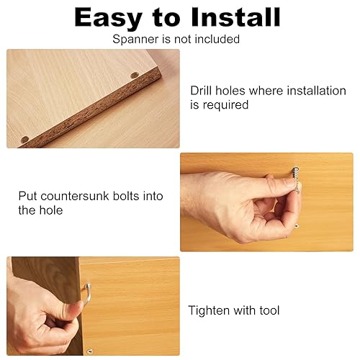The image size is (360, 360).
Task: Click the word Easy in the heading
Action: [x=108, y=17]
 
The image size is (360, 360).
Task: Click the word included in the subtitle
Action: [x=217, y=39]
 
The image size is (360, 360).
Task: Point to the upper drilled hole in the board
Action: [x=135, y=75]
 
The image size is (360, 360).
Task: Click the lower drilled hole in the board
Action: [x=24, y=139]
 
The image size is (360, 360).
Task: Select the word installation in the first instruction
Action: [x=316, y=91]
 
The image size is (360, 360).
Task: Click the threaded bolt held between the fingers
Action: [x=296, y=179]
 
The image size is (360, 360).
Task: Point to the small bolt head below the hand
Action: [x=297, y=225]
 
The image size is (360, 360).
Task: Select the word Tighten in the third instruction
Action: [x=209, y=310]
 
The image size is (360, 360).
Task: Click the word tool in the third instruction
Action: [x=269, y=310]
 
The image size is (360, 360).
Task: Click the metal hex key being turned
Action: [x=88, y=294]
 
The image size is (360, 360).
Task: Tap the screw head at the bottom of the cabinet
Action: [x=89, y=351]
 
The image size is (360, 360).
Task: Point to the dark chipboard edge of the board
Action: [x=92, y=108]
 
